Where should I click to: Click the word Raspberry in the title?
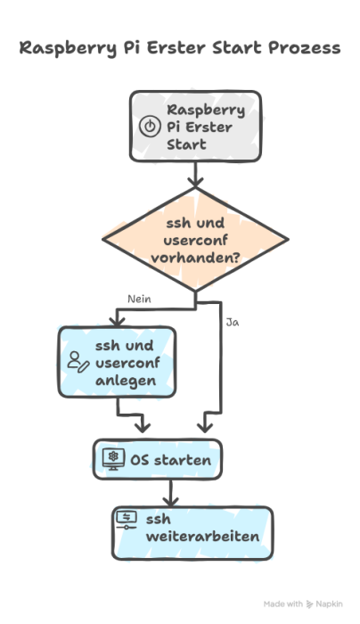[x=63, y=48]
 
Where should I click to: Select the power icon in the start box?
[x=149, y=127]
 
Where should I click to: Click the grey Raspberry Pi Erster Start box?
[x=195, y=126]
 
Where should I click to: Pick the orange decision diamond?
[x=195, y=239]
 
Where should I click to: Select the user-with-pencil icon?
[x=78, y=361]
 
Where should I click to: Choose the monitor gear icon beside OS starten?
[x=113, y=459]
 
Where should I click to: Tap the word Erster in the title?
[x=179, y=48]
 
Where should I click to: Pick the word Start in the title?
[x=238, y=48]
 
